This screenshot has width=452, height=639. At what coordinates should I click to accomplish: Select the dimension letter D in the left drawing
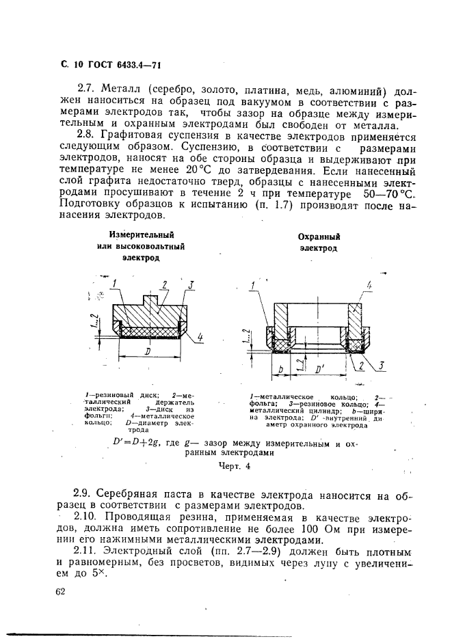click(148, 351)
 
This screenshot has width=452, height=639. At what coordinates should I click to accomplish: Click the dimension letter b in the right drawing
click(281, 369)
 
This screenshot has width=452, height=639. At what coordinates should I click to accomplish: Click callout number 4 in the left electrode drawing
click(200, 337)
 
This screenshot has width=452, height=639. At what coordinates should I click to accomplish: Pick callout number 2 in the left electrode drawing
click(164, 284)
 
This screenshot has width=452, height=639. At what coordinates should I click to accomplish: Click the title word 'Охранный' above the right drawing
click(319, 236)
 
